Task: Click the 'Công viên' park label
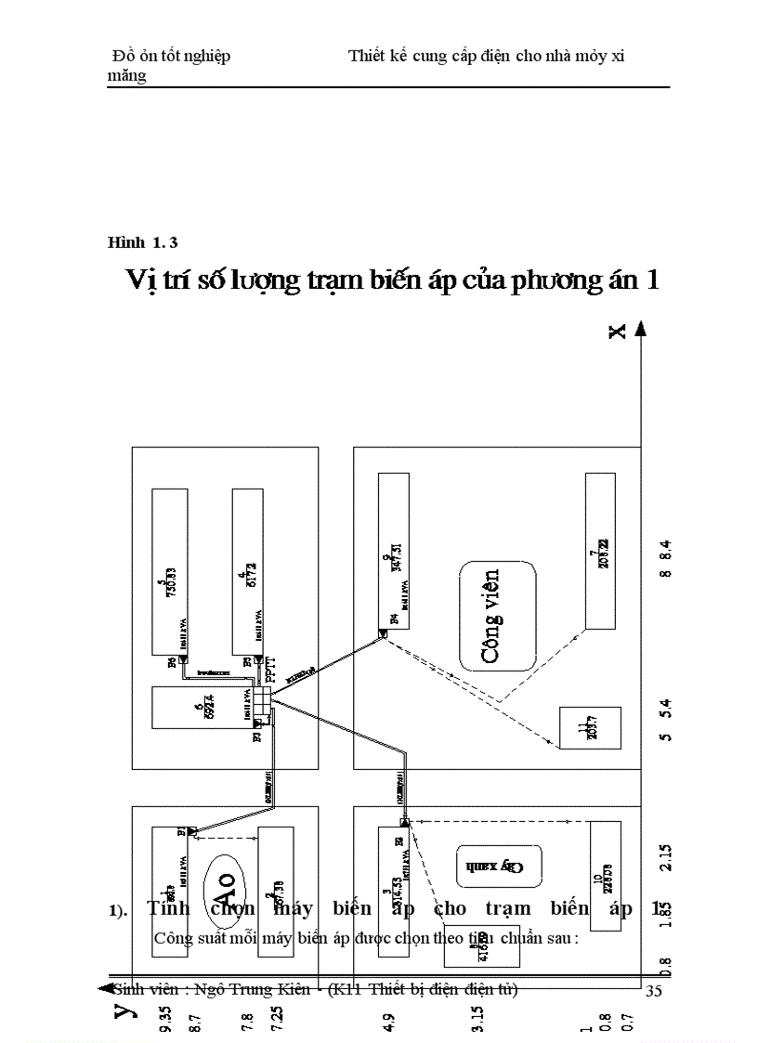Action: (499, 615)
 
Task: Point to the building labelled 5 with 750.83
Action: (170, 576)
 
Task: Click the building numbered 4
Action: (246, 576)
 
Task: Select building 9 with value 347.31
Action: (394, 552)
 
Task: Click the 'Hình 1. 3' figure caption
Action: (142, 243)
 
